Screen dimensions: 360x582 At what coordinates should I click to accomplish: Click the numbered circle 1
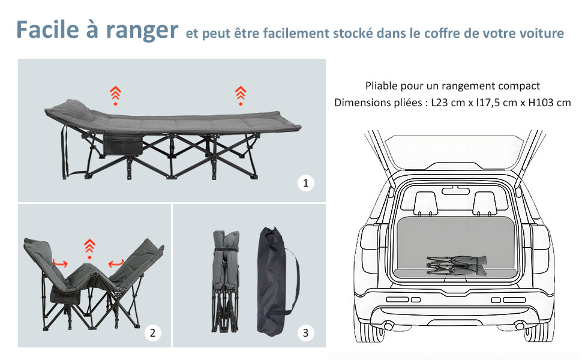coord(305,184)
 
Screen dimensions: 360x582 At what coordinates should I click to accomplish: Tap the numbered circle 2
coord(153,332)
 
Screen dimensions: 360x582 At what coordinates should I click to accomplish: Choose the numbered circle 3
coord(305,332)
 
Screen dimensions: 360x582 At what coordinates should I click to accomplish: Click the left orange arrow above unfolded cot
coord(115,94)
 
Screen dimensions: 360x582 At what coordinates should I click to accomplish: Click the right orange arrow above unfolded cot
coord(241,94)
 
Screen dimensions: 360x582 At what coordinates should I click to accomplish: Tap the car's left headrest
coord(425,201)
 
